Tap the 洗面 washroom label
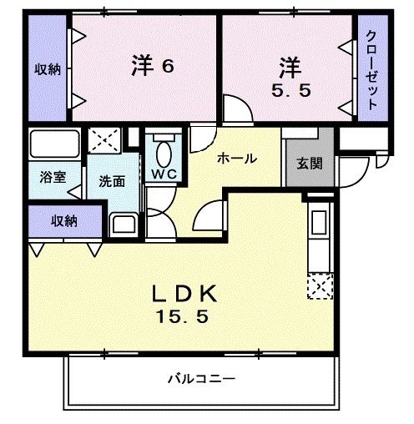click(112, 182)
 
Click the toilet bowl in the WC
click(162, 152)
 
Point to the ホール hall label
click(237, 158)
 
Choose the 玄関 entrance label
click(310, 164)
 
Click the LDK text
click(184, 293)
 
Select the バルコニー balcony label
click(199, 378)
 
